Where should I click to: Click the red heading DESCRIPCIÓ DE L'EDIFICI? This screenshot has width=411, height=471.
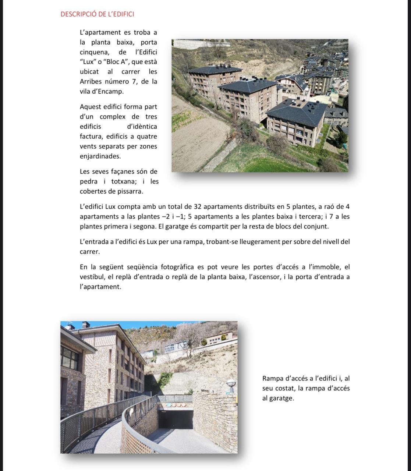click(x=97, y=14)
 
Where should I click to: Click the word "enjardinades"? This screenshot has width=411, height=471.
click(x=100, y=156)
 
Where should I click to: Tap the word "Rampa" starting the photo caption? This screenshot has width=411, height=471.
click(x=273, y=378)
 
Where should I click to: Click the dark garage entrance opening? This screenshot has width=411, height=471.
click(x=175, y=420)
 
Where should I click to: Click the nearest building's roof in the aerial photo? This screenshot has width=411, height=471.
click(x=297, y=111)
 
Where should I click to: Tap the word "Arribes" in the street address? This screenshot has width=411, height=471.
click(x=92, y=81)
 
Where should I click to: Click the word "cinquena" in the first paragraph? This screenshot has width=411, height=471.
click(x=95, y=52)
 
